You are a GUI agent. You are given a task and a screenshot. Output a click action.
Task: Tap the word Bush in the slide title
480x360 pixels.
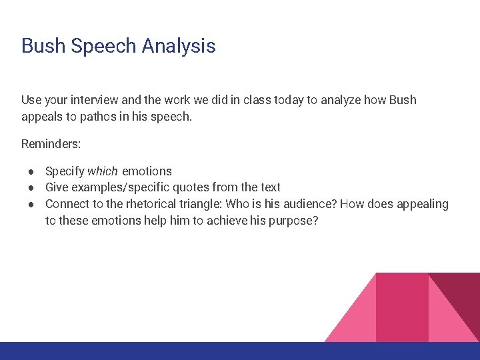click(x=43, y=46)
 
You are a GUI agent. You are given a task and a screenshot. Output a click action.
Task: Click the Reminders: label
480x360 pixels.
click(x=51, y=143)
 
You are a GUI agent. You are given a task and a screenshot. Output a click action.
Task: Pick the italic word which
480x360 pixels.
click(x=101, y=171)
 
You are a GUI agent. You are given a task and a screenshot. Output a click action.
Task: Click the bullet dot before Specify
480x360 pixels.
click(x=31, y=171)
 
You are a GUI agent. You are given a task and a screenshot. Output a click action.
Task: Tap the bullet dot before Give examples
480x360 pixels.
click(x=31, y=187)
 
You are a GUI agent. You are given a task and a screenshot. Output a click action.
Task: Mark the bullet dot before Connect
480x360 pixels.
click(x=31, y=204)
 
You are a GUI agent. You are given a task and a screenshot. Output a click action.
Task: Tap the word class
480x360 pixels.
click(x=261, y=100)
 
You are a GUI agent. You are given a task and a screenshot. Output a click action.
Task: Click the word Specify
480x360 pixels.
click(x=65, y=171)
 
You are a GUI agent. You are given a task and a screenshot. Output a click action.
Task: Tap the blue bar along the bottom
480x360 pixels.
click(x=240, y=351)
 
